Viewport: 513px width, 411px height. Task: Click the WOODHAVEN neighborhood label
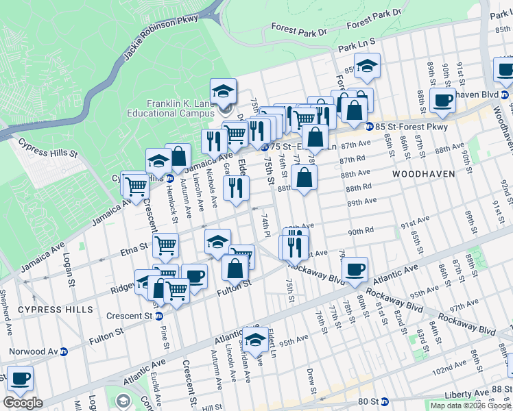pyautogui.click(x=424, y=174)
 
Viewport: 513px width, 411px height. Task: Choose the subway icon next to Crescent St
pyautogui.click(x=158, y=316)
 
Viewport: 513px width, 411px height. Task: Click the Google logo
pyautogui.click(x=23, y=403)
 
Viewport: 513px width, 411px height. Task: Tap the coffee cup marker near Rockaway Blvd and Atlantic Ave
pyautogui.click(x=355, y=270)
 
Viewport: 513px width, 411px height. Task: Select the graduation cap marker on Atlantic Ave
pyautogui.click(x=255, y=338)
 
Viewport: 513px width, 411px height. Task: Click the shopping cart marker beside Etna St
pyautogui.click(x=167, y=245)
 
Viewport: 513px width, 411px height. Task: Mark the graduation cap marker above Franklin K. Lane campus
pyautogui.click(x=223, y=91)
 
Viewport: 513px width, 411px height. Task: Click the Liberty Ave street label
pyautogui.click(x=451, y=394)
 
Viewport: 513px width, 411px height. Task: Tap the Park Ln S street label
pyautogui.click(x=357, y=43)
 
